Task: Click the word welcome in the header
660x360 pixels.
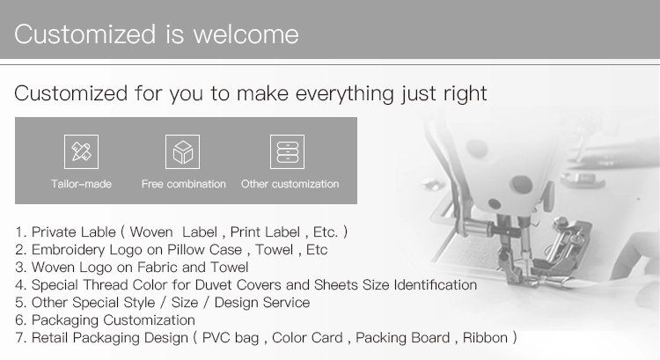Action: tap(246, 34)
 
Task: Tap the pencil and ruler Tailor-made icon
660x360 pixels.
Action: tap(81, 151)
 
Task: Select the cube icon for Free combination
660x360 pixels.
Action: tap(183, 151)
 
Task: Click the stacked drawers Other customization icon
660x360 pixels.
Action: tap(287, 151)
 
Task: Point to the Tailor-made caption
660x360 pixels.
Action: tap(81, 184)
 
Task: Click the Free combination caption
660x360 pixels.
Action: tap(184, 184)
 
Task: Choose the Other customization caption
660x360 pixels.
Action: tap(290, 184)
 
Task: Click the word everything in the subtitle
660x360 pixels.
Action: tap(345, 93)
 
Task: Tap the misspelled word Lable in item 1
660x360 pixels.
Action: tap(98, 232)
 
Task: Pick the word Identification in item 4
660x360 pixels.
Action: tap(436, 285)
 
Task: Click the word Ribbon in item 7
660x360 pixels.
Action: tap(485, 338)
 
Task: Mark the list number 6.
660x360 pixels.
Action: tap(20, 320)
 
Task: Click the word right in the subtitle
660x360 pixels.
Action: tap(466, 93)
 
